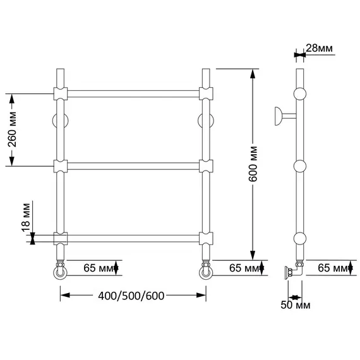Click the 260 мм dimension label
13,129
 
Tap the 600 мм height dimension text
253,164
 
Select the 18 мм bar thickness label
26,218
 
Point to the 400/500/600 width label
131,296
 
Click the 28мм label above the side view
319,48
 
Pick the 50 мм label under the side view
295,305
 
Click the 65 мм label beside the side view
333,268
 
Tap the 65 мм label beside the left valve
99,268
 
